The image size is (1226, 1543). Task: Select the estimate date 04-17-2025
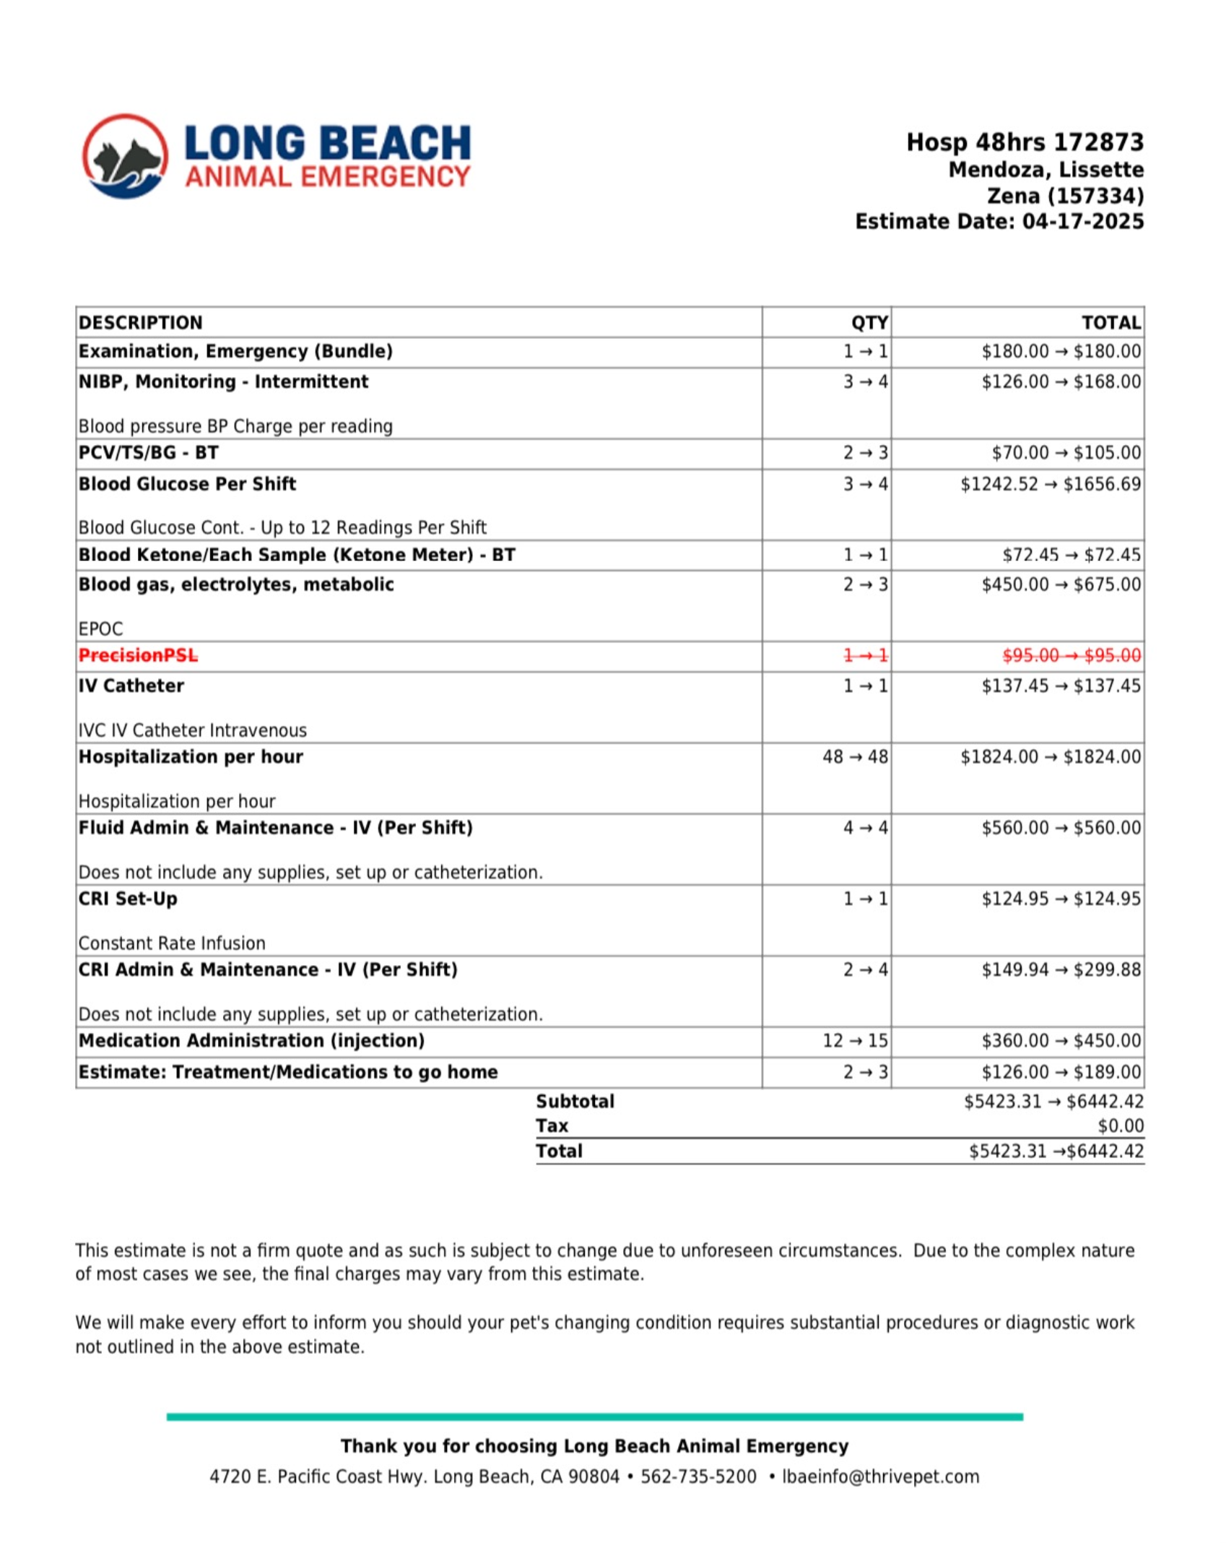(1082, 221)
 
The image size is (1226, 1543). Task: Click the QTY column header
(869, 322)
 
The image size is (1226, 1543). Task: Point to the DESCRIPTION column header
(141, 322)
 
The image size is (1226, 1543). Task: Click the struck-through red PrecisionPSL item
(138, 655)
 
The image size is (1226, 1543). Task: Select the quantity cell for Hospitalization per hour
(855, 756)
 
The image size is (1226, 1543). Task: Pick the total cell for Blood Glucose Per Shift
(1050, 484)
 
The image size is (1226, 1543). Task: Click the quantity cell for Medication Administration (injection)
(855, 1040)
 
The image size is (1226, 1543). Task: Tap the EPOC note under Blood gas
(100, 628)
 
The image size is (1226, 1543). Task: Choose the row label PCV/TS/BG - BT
(148, 453)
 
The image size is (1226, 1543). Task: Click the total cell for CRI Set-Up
(1061, 899)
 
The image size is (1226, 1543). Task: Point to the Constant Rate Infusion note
(172, 943)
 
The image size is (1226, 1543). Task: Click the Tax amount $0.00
(1120, 1125)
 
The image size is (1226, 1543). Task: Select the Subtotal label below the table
(575, 1101)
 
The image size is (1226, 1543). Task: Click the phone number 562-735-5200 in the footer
(698, 1477)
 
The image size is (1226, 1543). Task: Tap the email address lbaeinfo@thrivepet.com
(880, 1477)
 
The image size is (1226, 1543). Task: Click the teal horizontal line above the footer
(594, 1417)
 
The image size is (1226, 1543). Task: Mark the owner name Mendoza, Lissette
(1045, 170)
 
